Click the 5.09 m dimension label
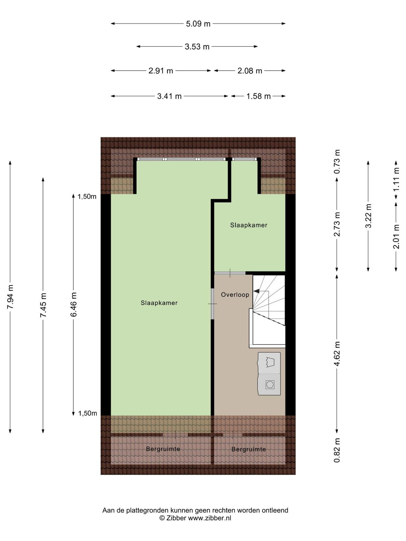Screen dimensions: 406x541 pos(198,24)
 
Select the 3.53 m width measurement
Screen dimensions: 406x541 pos(197,47)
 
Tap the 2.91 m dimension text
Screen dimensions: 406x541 pos(161,71)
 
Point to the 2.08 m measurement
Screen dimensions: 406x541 pos(250,71)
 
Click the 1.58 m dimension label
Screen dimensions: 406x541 pos(258,96)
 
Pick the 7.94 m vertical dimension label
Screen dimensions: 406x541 pos(10,297)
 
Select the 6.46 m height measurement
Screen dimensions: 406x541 pos(74,304)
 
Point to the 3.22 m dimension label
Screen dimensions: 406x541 pos(368,216)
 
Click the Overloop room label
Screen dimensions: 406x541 pos(235,295)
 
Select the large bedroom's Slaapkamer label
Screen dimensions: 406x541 pos(159,303)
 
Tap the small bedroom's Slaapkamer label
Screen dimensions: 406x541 pos(249,225)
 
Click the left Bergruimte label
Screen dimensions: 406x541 pos(163,449)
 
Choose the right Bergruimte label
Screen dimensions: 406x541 pos(248,449)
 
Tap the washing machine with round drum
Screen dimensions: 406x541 pos(269,384)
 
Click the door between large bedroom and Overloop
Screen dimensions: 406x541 pos(212,304)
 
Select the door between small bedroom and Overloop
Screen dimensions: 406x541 pos(230,273)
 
